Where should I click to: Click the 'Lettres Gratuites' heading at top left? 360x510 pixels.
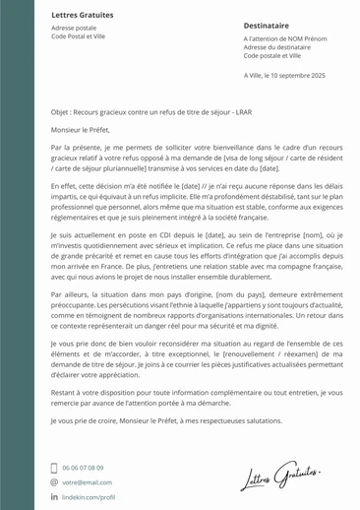pos(82,16)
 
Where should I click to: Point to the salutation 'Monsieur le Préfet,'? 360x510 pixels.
pos(81,129)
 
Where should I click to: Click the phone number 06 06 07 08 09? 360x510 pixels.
pos(83,468)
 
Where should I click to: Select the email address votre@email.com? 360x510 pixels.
pos(87,482)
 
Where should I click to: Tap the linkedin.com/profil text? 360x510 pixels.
pos(89,497)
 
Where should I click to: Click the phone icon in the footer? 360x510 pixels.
pos(54,468)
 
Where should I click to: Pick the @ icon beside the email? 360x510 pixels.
pos(54,482)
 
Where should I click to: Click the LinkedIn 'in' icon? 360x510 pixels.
pos(54,497)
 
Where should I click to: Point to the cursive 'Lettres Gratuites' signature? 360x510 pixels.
pos(280,478)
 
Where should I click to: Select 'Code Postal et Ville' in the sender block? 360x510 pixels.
pos(78,36)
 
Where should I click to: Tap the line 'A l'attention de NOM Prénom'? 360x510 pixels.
pos(284,38)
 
